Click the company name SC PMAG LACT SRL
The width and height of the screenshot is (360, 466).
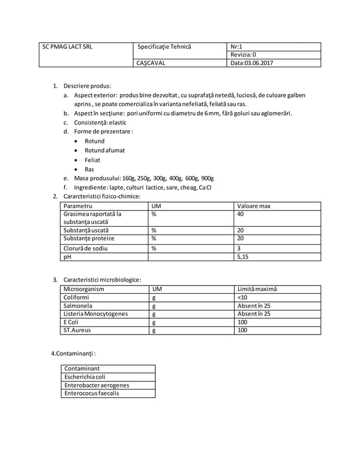(x=67, y=47)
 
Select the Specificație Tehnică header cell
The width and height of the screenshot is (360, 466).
(x=164, y=47)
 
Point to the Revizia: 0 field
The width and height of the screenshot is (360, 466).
(x=243, y=55)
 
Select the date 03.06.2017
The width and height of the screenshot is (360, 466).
(x=251, y=63)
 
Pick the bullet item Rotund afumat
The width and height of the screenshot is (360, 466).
(x=104, y=150)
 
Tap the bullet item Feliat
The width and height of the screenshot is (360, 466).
(x=93, y=160)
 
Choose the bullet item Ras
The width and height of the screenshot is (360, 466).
(x=89, y=169)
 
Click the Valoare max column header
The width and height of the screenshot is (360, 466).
(x=254, y=206)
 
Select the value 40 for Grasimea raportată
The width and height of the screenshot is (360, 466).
(x=241, y=214)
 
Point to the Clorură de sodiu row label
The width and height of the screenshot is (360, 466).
(x=86, y=248)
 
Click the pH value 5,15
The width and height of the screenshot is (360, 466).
(x=243, y=257)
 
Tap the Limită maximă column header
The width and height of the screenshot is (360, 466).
(x=257, y=289)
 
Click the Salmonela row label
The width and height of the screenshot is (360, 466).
(x=80, y=306)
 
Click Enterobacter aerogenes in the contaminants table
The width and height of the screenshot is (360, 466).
(x=97, y=385)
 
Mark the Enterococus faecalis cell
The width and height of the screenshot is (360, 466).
(x=93, y=393)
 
